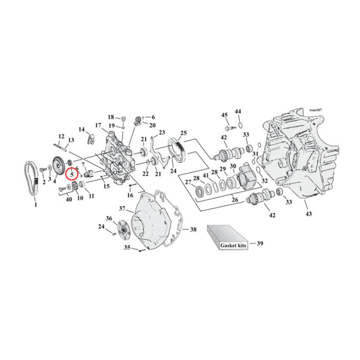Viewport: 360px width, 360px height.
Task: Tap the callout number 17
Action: [x=98, y=125]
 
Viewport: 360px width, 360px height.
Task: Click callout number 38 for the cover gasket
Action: [x=193, y=229]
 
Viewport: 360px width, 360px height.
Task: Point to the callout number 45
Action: [x=224, y=115]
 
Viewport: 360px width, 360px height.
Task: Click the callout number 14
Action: [x=81, y=130]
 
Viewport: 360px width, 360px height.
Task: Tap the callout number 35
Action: [x=127, y=247]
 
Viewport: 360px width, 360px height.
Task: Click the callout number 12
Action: [x=61, y=136]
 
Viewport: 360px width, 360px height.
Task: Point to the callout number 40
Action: [x=69, y=199]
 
